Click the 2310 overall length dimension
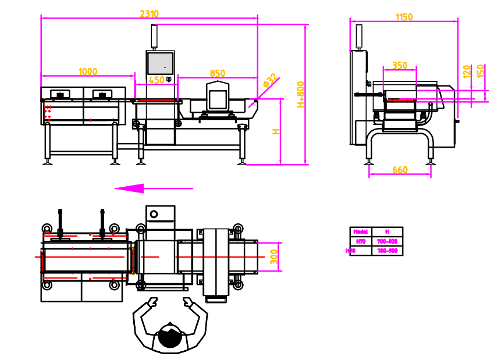(x=150, y=14)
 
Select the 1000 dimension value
(x=88, y=72)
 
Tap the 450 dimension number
(x=157, y=80)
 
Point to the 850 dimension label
(x=217, y=73)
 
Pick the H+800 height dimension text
(x=300, y=94)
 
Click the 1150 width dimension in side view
(x=404, y=17)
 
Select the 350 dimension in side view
(x=400, y=66)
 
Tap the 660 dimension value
(x=400, y=170)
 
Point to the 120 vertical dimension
(x=467, y=72)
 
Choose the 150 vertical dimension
(x=480, y=71)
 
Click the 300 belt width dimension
(x=274, y=256)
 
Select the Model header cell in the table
(x=360, y=231)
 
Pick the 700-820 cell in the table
(x=387, y=241)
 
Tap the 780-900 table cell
(x=387, y=251)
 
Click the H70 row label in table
(x=360, y=241)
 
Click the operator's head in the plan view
(x=170, y=336)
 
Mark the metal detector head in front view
(x=218, y=96)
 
